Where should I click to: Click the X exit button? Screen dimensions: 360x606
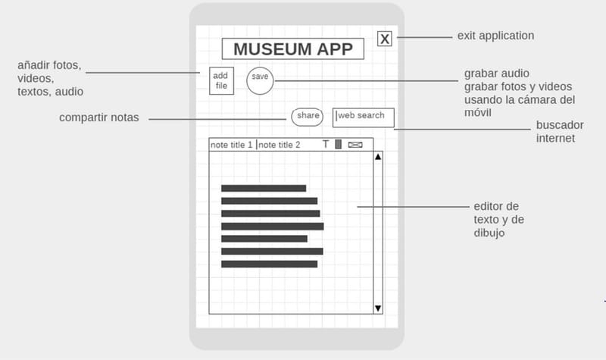385,39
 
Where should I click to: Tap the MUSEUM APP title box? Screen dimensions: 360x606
292,49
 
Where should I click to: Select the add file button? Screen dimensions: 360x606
220,81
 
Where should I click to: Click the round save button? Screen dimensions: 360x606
260,80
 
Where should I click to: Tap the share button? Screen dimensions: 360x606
308,116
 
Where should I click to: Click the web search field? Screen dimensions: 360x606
364,117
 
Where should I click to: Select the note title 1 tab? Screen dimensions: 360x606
232,145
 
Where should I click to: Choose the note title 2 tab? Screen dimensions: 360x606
280,145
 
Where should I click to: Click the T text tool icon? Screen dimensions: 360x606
326,144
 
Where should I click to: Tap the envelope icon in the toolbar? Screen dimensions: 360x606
355,145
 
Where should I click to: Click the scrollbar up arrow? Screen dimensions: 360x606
378,157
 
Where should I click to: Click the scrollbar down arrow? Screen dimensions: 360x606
378,308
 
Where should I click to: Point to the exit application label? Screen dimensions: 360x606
495,36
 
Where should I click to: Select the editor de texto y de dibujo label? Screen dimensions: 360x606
497,220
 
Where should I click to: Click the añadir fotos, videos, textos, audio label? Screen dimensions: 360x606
50,78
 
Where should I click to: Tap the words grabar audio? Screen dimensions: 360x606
497,74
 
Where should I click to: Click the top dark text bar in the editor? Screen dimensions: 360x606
264,188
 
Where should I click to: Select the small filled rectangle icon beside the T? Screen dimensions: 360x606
339,144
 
